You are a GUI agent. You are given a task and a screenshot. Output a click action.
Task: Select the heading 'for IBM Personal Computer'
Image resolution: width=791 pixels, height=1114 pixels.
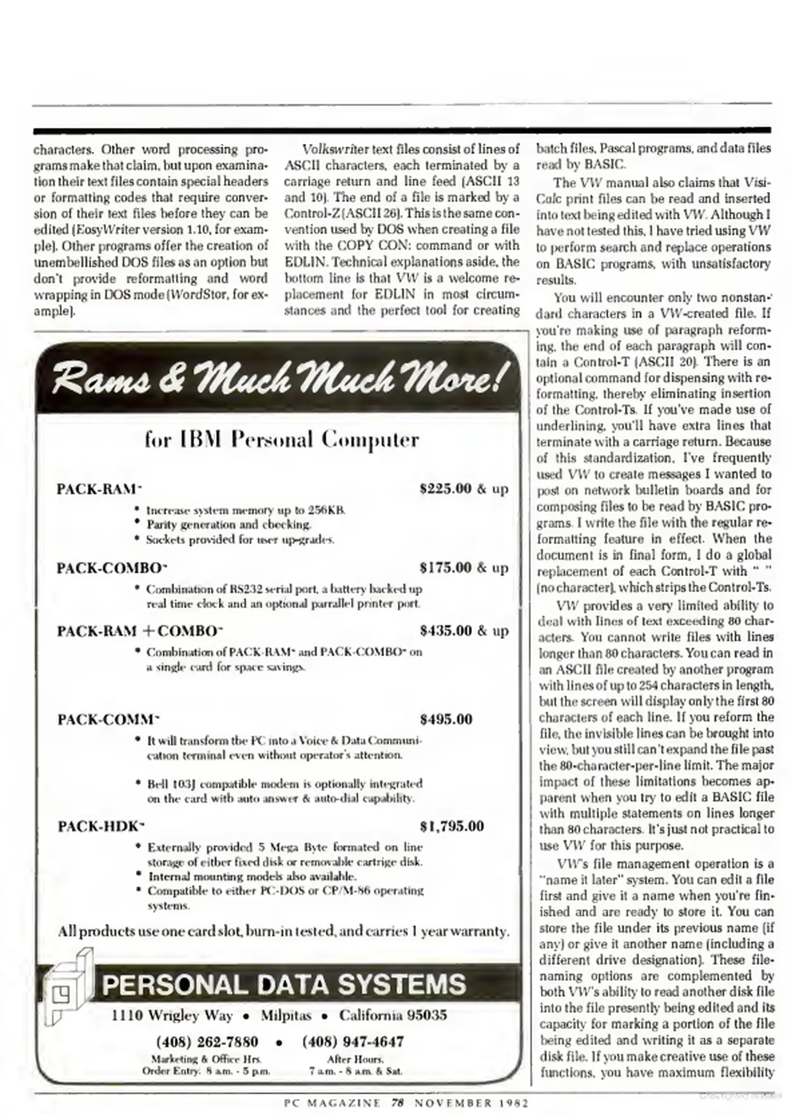click(281, 439)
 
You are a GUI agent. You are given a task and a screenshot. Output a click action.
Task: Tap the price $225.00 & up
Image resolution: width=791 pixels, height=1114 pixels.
click(464, 488)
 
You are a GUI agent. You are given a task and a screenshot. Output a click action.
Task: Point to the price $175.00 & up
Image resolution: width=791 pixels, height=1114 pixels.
click(464, 568)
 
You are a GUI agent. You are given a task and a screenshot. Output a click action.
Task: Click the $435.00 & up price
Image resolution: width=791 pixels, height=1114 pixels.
click(464, 631)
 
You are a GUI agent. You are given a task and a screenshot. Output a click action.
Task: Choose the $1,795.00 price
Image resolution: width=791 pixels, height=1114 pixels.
click(452, 827)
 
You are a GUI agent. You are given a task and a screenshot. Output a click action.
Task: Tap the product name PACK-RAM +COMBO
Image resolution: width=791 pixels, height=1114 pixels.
click(139, 631)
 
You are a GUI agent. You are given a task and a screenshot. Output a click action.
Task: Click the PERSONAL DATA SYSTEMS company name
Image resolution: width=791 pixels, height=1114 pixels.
click(283, 985)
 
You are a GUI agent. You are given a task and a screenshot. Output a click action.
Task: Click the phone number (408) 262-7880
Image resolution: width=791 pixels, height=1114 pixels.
click(207, 1042)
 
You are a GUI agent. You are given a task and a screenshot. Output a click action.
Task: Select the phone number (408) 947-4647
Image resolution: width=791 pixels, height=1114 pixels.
click(353, 1042)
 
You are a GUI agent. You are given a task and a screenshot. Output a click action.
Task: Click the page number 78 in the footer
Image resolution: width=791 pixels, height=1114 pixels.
click(397, 1103)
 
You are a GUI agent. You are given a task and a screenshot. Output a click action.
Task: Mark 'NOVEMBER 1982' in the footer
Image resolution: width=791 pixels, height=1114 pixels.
click(472, 1103)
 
